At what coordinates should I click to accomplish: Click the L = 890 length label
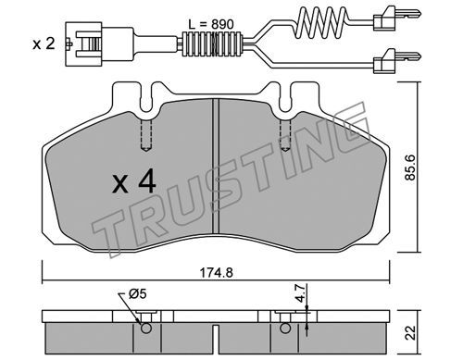(x=211, y=24)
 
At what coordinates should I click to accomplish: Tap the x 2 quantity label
(x=44, y=43)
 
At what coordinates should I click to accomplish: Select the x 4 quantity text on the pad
(x=134, y=182)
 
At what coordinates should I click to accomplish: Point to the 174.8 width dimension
(x=216, y=273)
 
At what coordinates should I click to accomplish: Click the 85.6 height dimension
(x=411, y=167)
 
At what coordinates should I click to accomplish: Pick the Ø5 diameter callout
(x=137, y=294)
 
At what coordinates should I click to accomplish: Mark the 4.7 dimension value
(x=300, y=293)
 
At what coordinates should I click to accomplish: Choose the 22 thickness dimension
(x=410, y=332)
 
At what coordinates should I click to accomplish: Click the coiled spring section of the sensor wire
(x=321, y=20)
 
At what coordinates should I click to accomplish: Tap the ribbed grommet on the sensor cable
(x=212, y=44)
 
